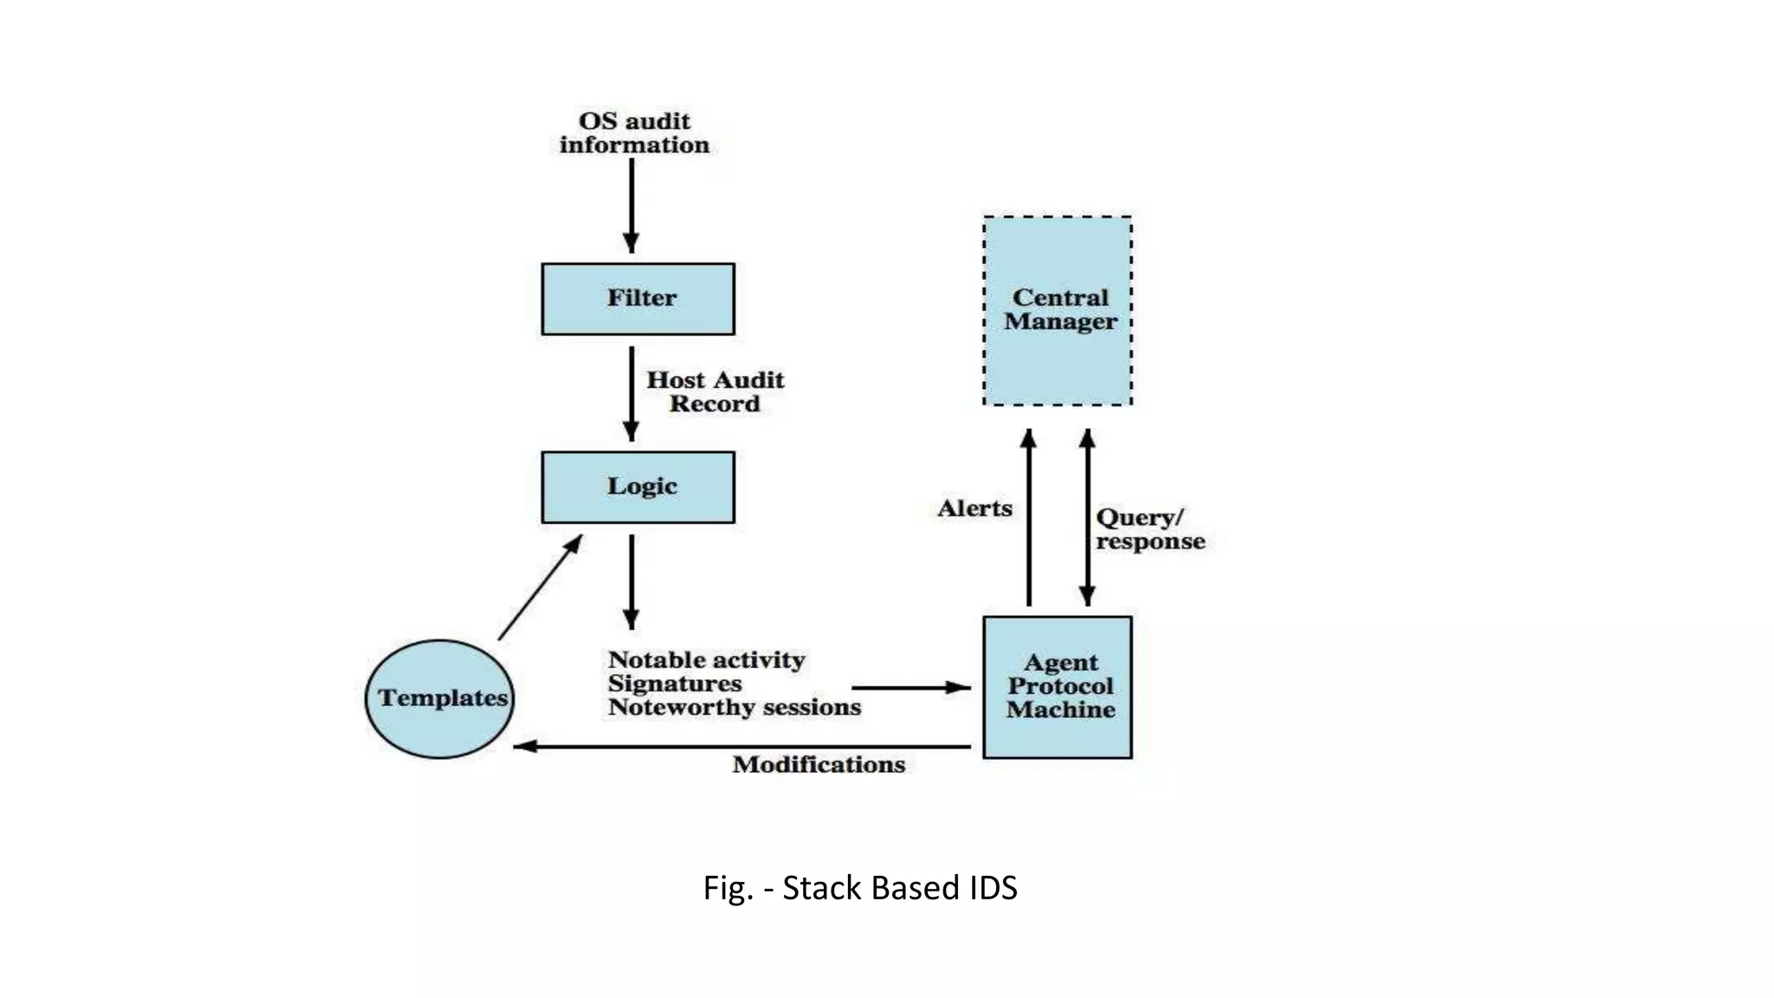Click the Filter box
pyautogui.click(x=638, y=299)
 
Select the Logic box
pyautogui.click(x=638, y=487)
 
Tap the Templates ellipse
pyautogui.click(x=440, y=698)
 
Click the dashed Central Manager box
pyautogui.click(x=1058, y=310)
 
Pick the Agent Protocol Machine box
pyautogui.click(x=1058, y=687)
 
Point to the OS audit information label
pyautogui.click(x=634, y=133)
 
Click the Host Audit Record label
pyautogui.click(x=715, y=392)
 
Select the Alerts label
pyautogui.click(x=974, y=509)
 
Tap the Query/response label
pyautogui.click(x=1149, y=529)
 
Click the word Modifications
pyautogui.click(x=819, y=765)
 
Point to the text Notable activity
pyautogui.click(x=706, y=660)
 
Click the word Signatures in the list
pyautogui.click(x=675, y=684)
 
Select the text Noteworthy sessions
pyautogui.click(x=734, y=708)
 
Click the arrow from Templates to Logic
pyautogui.click(x=541, y=587)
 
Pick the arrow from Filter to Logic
pyautogui.click(x=631, y=393)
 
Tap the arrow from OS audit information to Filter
pyautogui.click(x=631, y=205)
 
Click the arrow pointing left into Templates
pyautogui.click(x=741, y=746)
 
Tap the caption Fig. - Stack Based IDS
pyautogui.click(x=860, y=888)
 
